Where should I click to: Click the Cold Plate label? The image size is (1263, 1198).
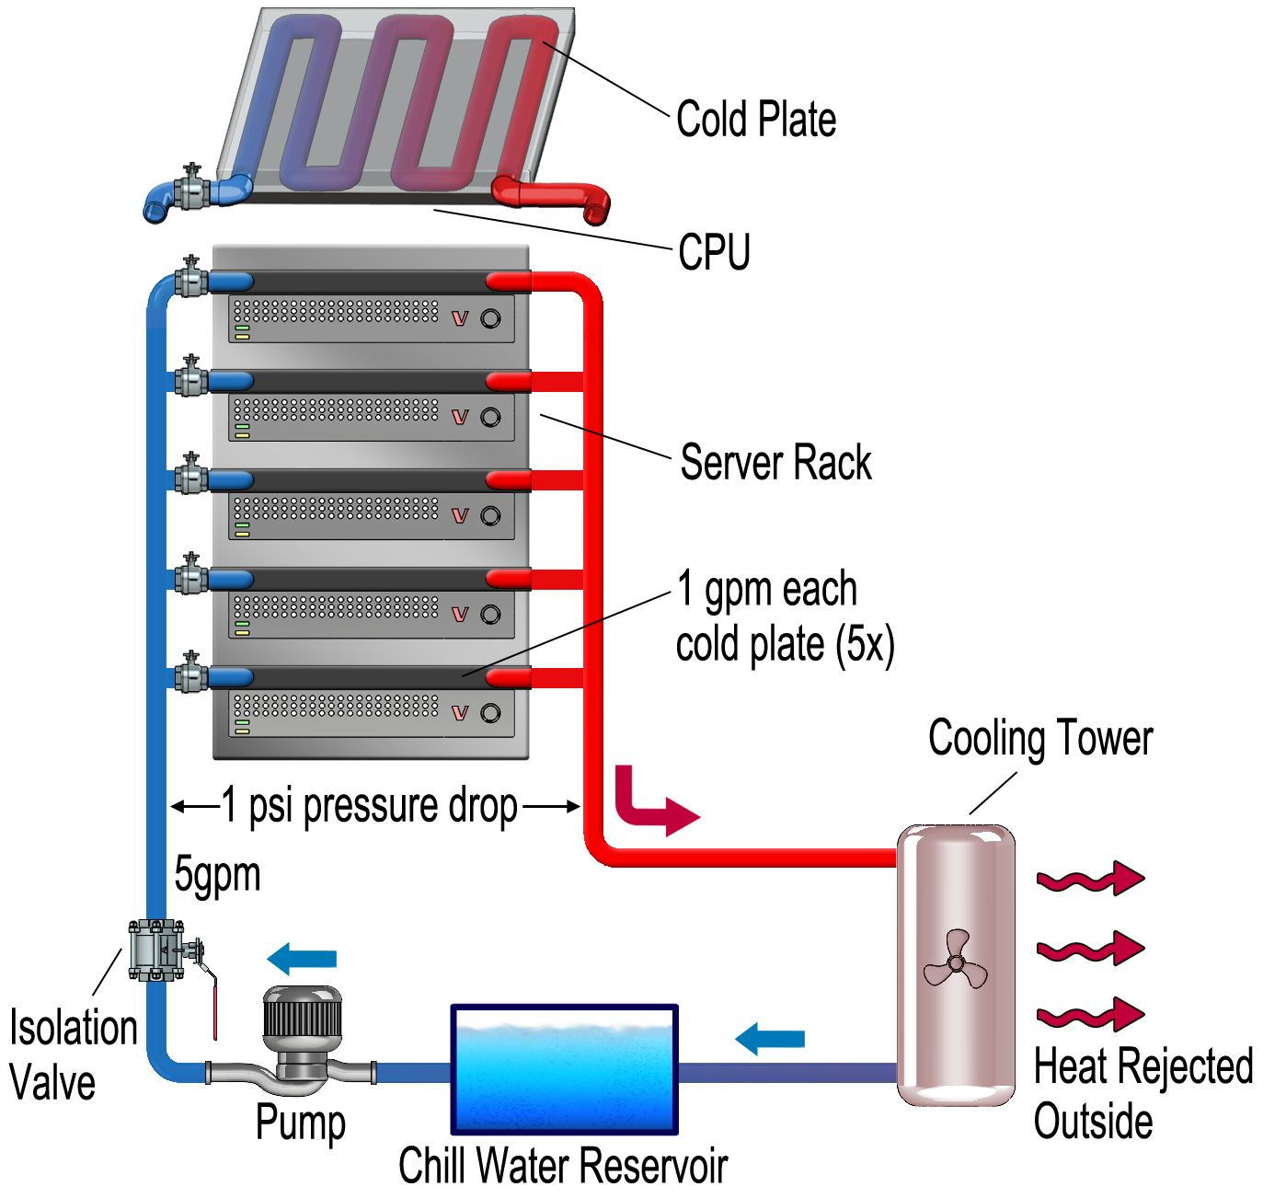point(756,120)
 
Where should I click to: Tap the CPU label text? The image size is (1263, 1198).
point(714,252)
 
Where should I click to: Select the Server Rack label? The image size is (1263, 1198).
point(775,462)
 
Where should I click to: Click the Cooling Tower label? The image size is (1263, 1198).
point(1039,739)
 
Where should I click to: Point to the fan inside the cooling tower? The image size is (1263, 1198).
point(956,962)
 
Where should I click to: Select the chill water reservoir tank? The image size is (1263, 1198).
point(564,1070)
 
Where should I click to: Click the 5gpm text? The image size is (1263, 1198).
point(218,874)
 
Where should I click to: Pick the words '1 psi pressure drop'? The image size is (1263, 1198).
point(371,806)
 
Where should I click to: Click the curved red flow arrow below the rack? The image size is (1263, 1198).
point(651,802)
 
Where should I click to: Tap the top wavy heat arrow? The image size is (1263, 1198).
point(1090,880)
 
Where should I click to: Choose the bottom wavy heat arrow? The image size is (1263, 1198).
point(1090,1015)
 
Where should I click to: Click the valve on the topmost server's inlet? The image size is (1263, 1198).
point(191,278)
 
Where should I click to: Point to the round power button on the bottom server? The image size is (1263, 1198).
point(490,713)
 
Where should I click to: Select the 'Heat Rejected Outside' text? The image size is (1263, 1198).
point(1142,1094)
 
